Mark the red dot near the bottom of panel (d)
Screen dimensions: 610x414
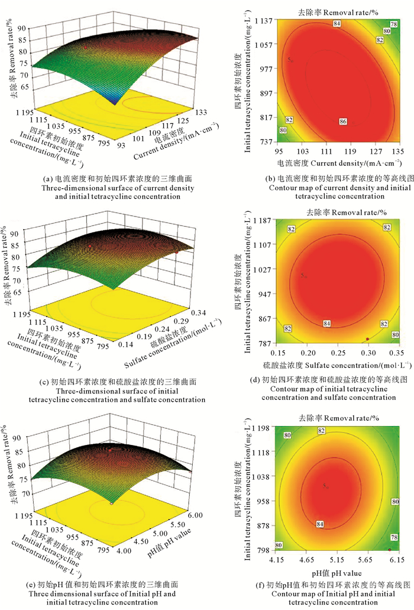(367, 339)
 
